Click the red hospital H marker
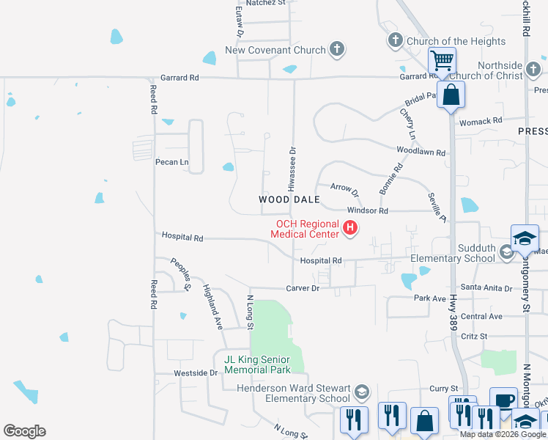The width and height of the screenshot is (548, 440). click(350, 229)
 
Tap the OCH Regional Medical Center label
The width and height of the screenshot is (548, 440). click(307, 230)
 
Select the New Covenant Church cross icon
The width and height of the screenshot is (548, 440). click(336, 50)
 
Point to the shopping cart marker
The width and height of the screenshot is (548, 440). click(443, 61)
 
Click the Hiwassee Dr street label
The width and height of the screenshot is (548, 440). click(292, 175)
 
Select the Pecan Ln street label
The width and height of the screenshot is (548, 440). click(171, 162)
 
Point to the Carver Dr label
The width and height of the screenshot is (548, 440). click(303, 288)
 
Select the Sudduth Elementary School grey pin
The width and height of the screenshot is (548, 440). click(506, 252)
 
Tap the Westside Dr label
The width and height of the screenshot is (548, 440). click(196, 373)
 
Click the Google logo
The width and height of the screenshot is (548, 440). click(24, 431)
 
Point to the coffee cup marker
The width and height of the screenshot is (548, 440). click(503, 400)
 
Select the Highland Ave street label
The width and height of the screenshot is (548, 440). click(212, 307)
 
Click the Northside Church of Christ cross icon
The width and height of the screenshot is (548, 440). click(533, 70)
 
